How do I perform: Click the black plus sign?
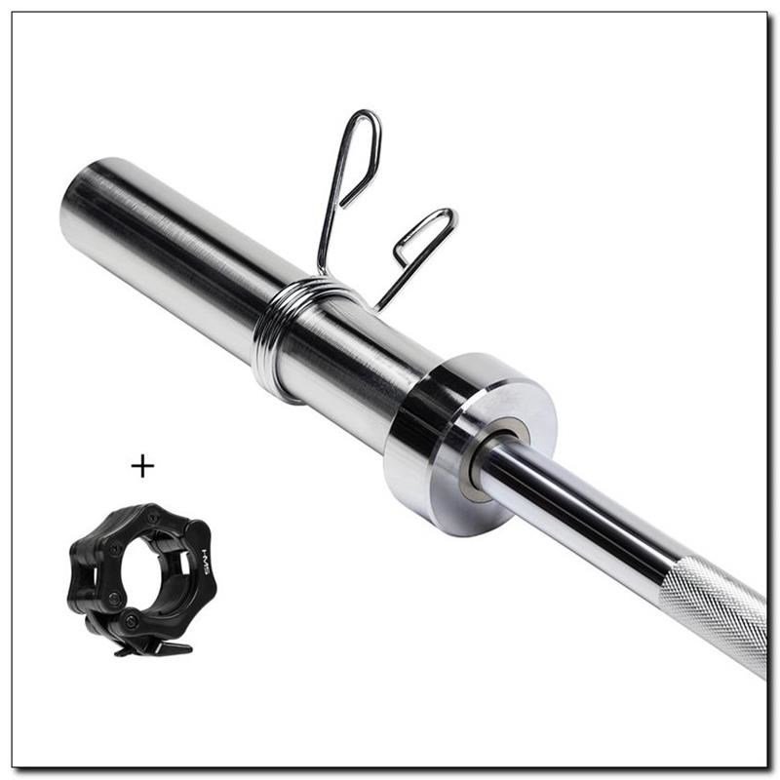click(142, 466)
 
